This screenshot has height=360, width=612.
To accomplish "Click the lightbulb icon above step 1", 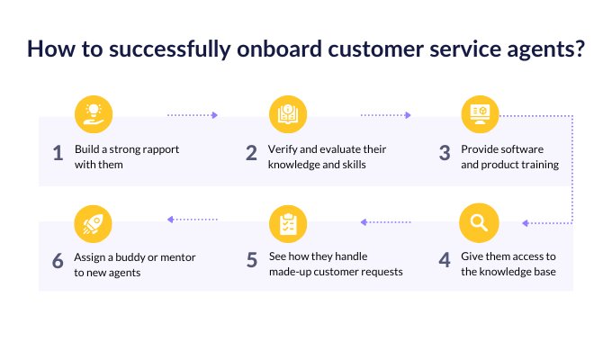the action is tap(94, 114).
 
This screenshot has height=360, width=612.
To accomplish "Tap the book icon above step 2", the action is tap(288, 114).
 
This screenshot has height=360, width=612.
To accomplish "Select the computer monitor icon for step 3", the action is tap(480, 114).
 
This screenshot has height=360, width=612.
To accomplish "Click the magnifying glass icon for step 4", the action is tap(479, 223).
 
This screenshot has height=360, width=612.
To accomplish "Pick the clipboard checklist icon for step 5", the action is tap(288, 224).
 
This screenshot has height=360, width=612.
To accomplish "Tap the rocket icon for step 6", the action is tap(93, 224).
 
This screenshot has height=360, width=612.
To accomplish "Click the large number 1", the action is tap(58, 153).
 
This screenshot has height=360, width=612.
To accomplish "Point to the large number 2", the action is tap(252, 153).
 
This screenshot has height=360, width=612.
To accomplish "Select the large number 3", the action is tap(445, 153).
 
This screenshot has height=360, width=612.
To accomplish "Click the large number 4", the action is tap(445, 260).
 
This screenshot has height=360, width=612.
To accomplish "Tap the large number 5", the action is tap(252, 260).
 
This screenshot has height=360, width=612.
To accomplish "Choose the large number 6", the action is tap(58, 261).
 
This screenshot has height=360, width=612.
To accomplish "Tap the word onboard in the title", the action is tap(280, 49).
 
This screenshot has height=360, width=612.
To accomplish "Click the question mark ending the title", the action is tap(580, 49).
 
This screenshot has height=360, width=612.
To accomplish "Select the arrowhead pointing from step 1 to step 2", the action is tap(214, 115).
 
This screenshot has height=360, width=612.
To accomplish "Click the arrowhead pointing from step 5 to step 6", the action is tap(171, 220).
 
